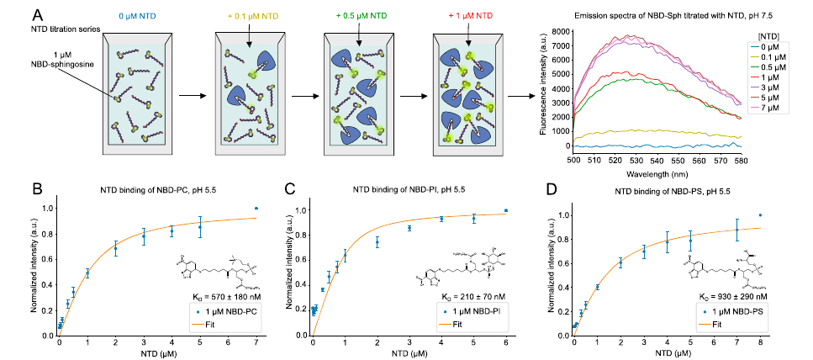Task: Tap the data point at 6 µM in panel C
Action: pos(506,210)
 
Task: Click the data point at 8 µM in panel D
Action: pos(760,215)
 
